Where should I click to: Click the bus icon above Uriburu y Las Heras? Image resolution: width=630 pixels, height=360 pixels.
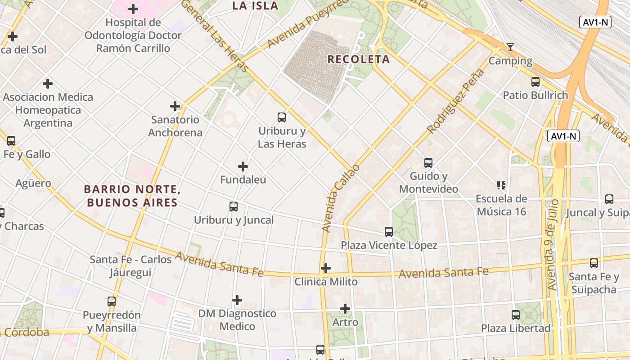point(282,117)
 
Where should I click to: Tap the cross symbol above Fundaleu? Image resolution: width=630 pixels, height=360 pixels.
point(243,166)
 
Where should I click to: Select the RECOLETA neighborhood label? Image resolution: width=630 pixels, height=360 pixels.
point(358,59)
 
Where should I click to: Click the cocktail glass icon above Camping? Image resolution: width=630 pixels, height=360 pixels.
point(510,47)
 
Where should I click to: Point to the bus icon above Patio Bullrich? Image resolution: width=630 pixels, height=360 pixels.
point(535,82)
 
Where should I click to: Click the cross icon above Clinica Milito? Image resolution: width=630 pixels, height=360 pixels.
point(326,269)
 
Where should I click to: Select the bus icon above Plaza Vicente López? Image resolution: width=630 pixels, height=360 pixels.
point(389,232)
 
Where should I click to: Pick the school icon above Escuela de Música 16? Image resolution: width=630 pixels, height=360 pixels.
point(501,185)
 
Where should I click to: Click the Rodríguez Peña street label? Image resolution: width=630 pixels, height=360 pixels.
point(457,101)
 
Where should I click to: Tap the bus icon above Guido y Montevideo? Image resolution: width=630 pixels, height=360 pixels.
point(428,162)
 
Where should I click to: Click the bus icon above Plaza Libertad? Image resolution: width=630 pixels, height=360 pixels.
point(516,315)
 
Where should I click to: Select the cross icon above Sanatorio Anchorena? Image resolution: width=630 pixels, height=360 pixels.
point(175,106)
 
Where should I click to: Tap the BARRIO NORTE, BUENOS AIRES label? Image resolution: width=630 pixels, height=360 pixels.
point(132,196)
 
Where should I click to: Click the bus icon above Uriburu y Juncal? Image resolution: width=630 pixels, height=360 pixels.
point(234,207)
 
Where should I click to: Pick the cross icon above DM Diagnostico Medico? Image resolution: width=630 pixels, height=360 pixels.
point(237,300)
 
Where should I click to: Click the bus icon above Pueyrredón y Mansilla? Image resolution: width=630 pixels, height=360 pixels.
point(112,301)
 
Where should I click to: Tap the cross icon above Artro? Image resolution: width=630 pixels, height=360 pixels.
point(345,309)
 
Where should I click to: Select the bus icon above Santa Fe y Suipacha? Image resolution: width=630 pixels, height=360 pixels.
point(594,263)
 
